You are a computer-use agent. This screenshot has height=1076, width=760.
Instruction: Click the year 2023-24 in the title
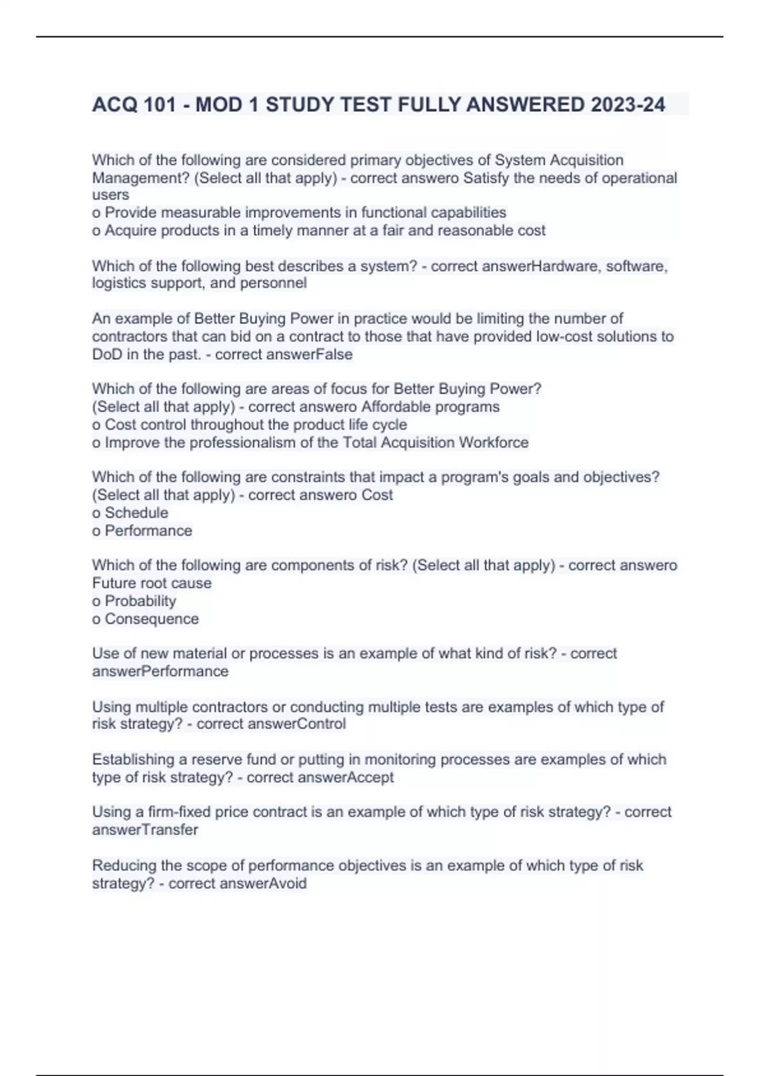click(x=628, y=104)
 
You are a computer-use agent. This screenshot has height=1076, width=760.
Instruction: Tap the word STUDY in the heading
click(x=300, y=104)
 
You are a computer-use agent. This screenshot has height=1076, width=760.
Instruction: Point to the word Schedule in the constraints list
click(x=136, y=513)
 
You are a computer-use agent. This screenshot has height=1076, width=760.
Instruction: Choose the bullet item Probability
click(x=140, y=601)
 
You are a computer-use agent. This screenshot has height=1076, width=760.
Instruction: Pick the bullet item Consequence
click(x=151, y=618)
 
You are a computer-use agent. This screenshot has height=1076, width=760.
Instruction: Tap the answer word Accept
click(x=370, y=777)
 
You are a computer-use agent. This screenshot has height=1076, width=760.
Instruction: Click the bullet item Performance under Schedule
click(x=148, y=530)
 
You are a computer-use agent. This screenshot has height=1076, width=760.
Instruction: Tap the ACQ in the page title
click(x=115, y=104)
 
